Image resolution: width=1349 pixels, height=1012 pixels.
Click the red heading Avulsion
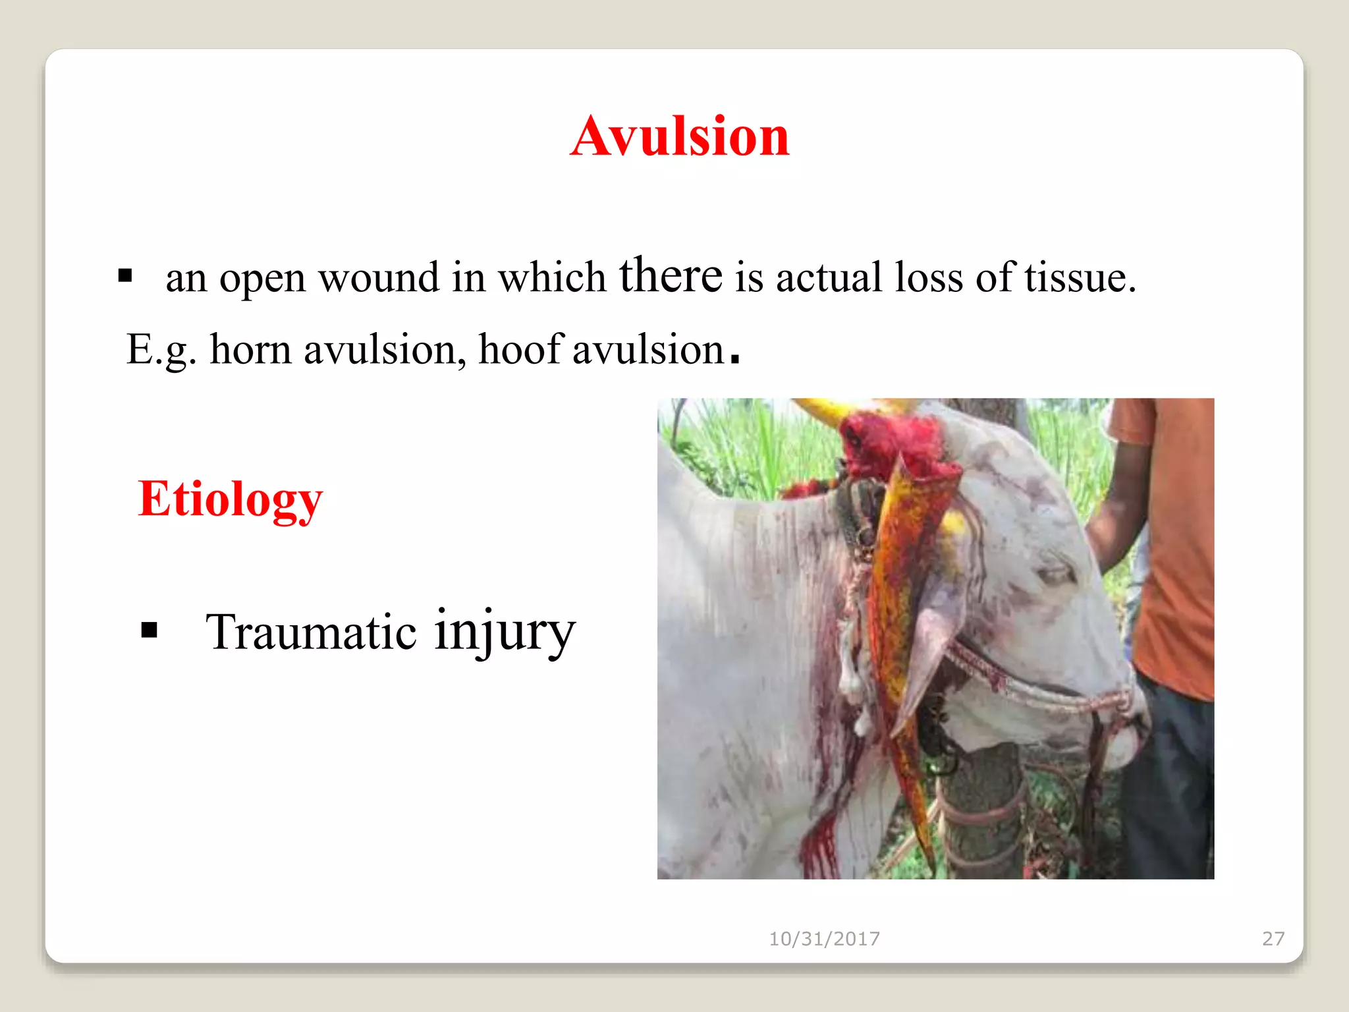point(679,136)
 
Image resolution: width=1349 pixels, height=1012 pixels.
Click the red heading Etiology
point(230,499)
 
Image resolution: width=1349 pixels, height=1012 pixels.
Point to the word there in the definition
point(670,275)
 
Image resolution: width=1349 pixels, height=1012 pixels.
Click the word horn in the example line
point(250,349)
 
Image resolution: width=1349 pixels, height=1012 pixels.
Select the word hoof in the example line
point(520,349)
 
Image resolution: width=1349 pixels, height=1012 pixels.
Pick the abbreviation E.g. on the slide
point(161,350)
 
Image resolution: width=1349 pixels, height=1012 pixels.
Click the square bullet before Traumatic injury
point(150,631)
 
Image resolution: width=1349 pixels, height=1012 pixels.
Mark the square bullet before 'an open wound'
point(125,275)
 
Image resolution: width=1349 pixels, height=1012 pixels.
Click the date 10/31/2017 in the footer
point(824,938)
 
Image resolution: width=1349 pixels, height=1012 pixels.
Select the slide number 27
point(1273,938)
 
